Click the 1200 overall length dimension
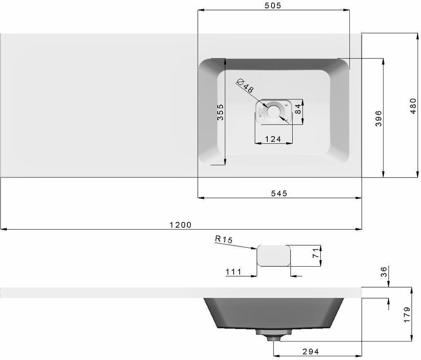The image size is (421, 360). point(181,225)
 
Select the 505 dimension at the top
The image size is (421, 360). point(273,5)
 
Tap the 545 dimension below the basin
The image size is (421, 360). point(279,193)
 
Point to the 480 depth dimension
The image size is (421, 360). point(413,106)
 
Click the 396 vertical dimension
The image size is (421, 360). point(378,118)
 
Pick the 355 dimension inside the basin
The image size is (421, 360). point(220,112)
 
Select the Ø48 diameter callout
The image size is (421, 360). point(245,86)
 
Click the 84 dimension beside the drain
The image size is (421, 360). point(298,109)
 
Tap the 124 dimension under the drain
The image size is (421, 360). point(273,139)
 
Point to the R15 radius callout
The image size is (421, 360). point(224,239)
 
